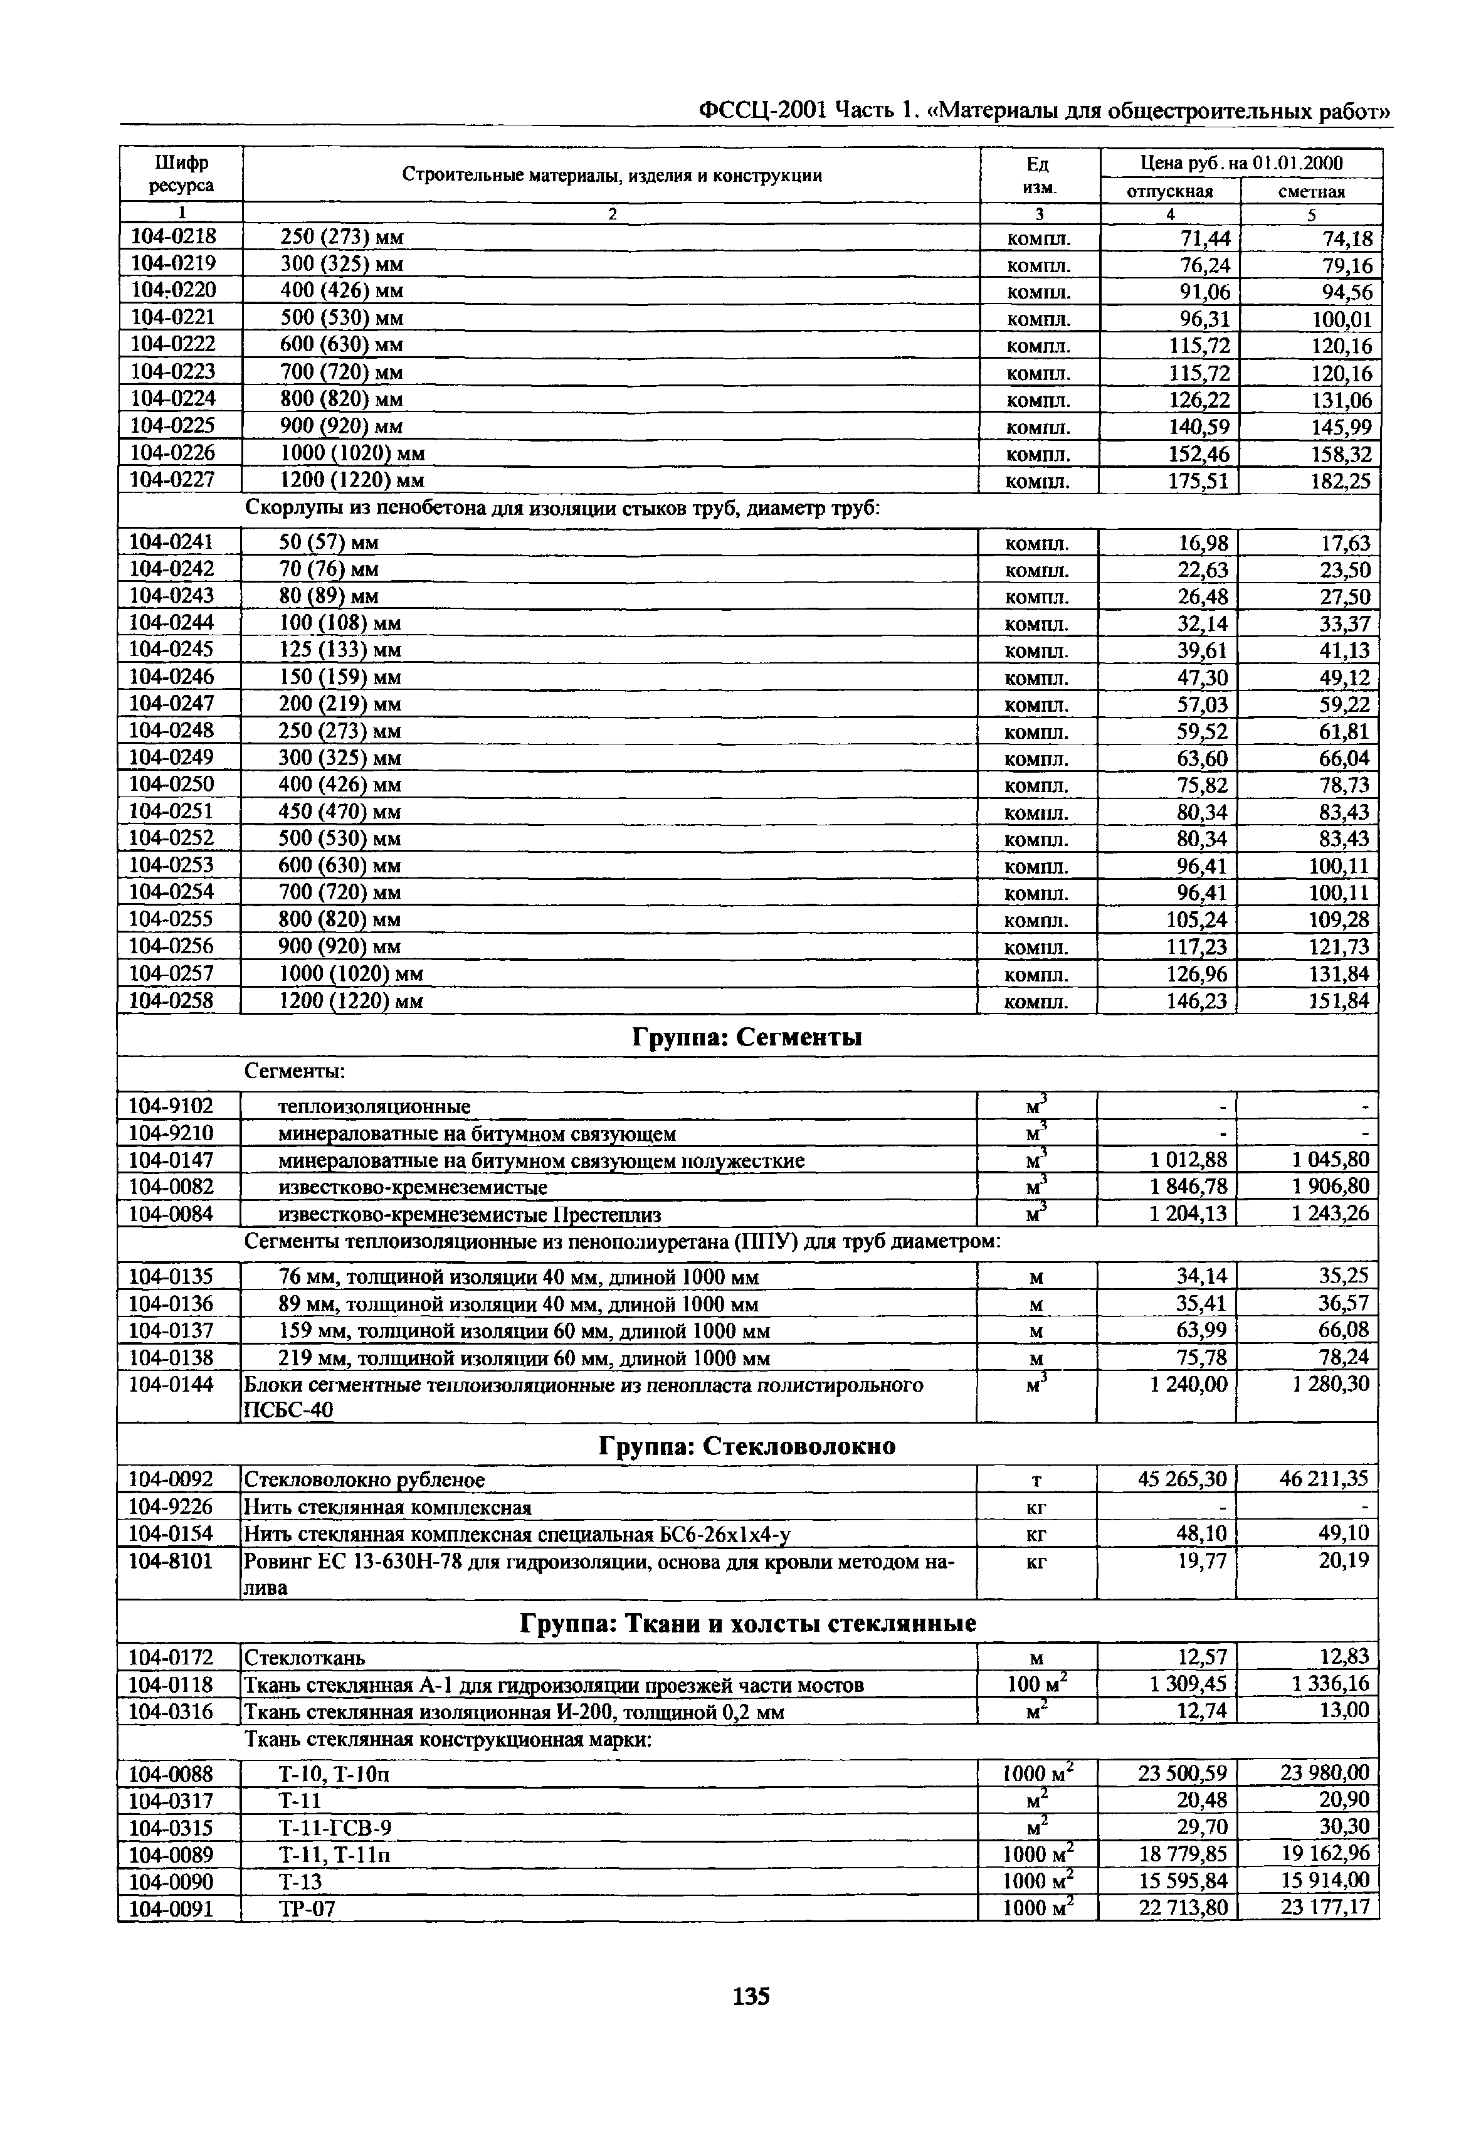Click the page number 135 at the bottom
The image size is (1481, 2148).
coord(751,1995)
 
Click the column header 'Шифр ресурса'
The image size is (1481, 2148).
coord(181,174)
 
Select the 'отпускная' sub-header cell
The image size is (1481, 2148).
coord(1169,191)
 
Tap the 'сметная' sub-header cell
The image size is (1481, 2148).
coord(1311,191)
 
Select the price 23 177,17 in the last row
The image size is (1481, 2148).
coord(1324,1908)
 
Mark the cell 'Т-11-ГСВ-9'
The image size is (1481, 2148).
coord(335,1827)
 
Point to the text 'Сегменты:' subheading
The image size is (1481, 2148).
coord(295,1071)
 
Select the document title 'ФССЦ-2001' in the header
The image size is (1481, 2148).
coord(761,110)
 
